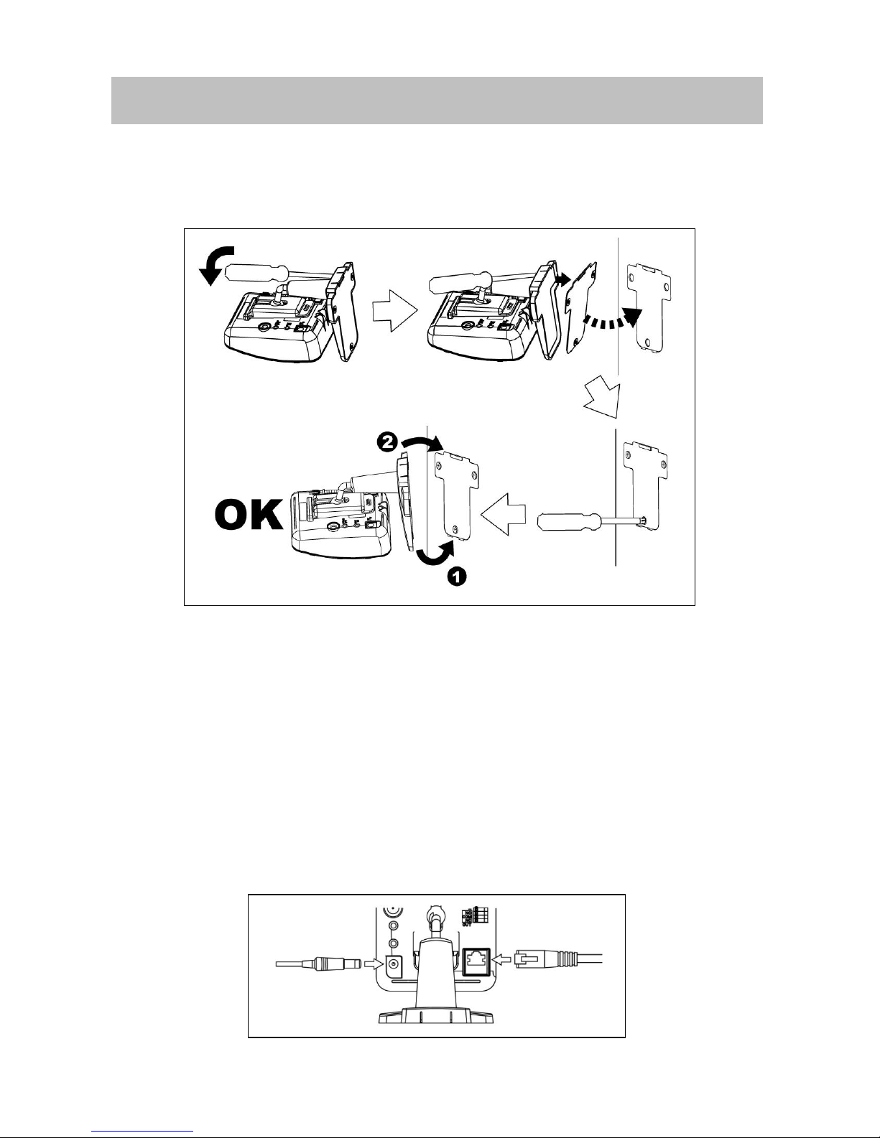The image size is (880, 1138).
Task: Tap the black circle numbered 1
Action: pos(458,575)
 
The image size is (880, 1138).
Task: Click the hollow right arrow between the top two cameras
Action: pos(394,314)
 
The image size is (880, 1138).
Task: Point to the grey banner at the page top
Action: pos(436,101)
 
